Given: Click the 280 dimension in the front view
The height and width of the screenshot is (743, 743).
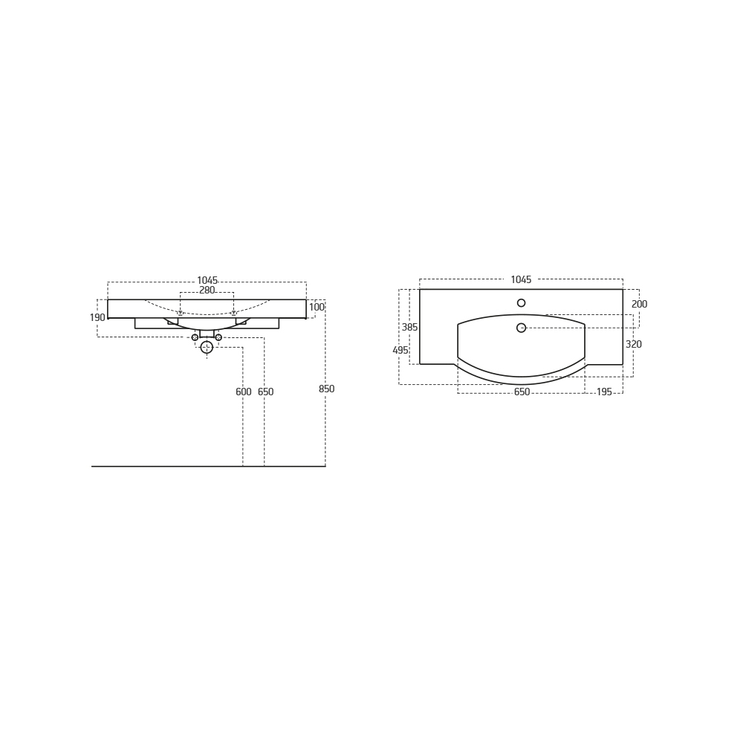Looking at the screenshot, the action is coord(207,290).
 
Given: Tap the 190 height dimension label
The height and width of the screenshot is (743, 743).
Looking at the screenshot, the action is coord(97,317).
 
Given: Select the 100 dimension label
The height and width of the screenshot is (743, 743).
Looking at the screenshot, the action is coord(317,307).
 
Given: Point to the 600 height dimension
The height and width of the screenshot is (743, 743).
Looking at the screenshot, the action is coord(244,392).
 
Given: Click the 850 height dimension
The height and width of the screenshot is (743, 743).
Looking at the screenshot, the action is coord(326,389).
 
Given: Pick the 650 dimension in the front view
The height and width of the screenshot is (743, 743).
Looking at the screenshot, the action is coord(266,392).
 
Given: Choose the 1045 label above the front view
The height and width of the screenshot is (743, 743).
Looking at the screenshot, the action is coord(207,281).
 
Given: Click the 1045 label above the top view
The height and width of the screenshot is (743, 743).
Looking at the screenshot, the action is coord(522,280).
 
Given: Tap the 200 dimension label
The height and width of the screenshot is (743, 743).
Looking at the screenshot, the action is coord(640,304).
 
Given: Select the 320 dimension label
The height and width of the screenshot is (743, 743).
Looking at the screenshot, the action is coord(634,345).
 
